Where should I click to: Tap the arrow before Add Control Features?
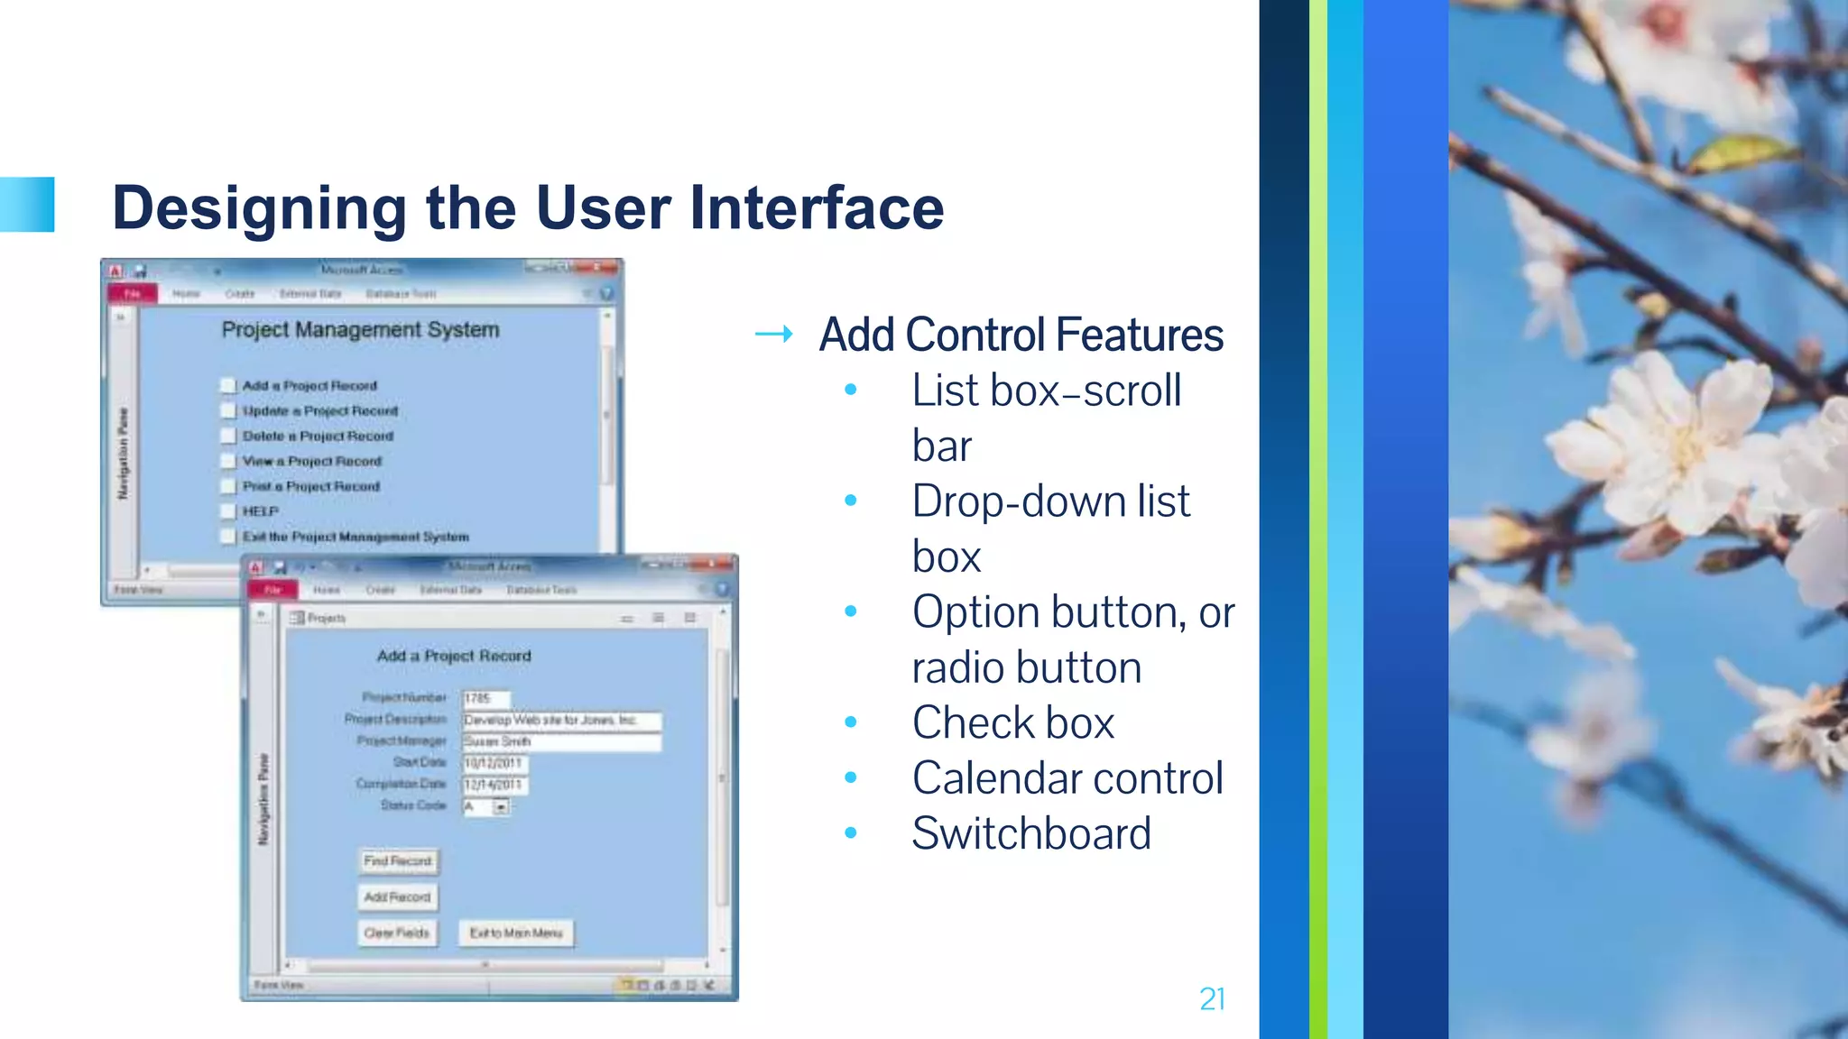click(x=774, y=335)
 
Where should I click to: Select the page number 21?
click(x=1212, y=999)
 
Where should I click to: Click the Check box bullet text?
click(x=1012, y=723)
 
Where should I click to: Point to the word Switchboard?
click(x=1030, y=833)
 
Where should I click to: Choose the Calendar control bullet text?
click(x=1067, y=778)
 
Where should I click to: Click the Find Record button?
click(x=398, y=861)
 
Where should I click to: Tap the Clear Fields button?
click(x=397, y=933)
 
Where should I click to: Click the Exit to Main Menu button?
click(x=516, y=933)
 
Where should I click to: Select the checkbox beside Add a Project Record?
click(x=228, y=386)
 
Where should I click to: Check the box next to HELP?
click(x=228, y=511)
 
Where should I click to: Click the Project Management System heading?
click(x=360, y=330)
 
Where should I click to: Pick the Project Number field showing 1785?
click(x=485, y=698)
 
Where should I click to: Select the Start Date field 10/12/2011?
click(x=494, y=763)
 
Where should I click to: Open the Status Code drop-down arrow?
click(x=501, y=807)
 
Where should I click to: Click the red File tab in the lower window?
click(x=273, y=590)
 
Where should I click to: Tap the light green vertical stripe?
click(x=1317, y=519)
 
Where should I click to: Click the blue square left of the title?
click(x=27, y=205)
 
